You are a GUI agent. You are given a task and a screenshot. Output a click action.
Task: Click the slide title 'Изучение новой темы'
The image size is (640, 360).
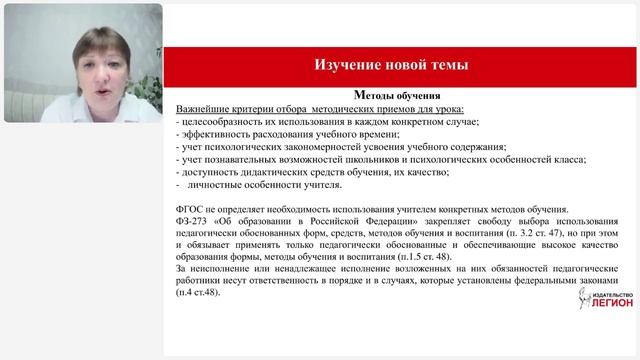[391, 65]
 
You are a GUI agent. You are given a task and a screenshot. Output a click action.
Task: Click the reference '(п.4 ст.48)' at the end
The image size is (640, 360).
[196, 292]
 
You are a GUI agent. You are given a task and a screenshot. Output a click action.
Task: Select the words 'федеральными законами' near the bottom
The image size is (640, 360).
[565, 280]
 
